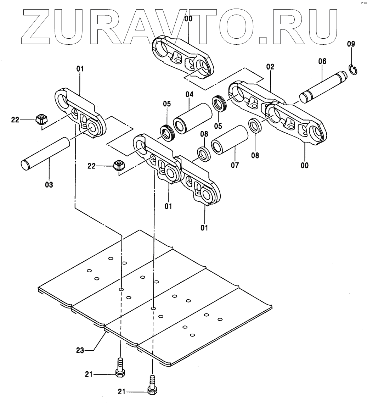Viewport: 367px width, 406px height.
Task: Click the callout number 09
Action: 351,44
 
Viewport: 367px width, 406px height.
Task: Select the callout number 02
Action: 270,66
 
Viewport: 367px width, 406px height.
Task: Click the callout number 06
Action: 322,61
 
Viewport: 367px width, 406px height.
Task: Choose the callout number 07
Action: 235,165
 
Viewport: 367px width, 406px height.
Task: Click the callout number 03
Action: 49,185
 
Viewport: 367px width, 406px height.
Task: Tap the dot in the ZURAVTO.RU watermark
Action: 263,39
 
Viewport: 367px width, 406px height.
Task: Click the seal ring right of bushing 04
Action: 219,103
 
